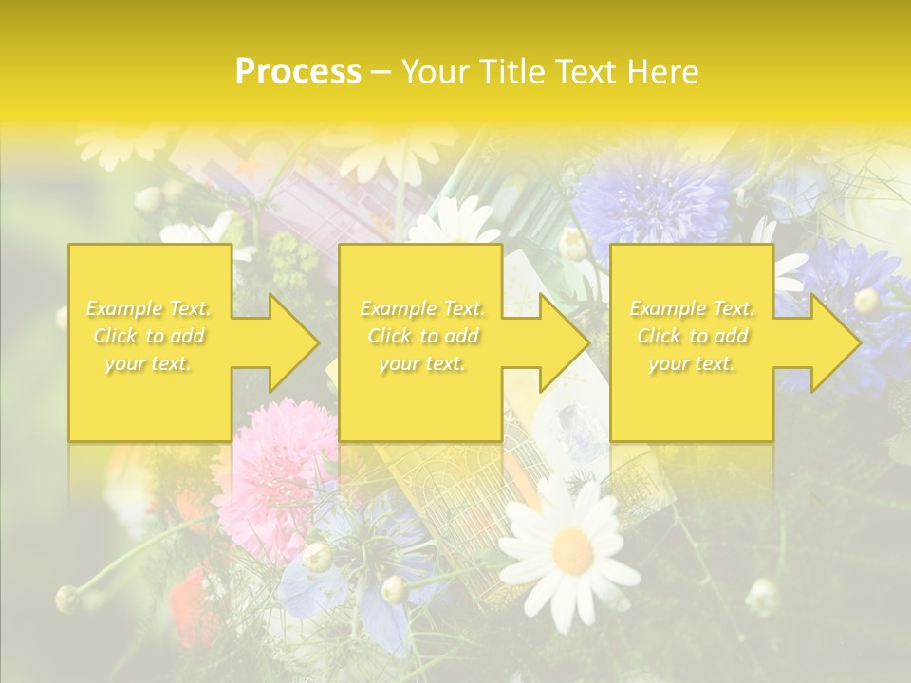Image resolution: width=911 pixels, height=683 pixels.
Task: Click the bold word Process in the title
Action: [298, 72]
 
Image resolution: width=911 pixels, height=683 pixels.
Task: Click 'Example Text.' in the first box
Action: [149, 308]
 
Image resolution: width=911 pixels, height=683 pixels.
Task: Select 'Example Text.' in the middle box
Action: [422, 308]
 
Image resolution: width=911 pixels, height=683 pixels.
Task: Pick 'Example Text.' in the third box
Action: [692, 308]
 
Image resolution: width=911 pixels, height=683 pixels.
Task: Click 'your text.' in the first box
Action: [149, 363]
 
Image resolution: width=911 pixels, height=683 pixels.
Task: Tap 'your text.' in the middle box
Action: [422, 363]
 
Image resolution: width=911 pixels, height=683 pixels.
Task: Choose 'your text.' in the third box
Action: [692, 363]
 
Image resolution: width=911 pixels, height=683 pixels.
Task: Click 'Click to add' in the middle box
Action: [422, 336]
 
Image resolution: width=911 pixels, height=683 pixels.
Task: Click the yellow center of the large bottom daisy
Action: [573, 549]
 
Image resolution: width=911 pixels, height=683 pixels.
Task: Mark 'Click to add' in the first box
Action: [149, 336]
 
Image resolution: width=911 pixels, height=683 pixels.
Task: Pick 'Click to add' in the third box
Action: [692, 336]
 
